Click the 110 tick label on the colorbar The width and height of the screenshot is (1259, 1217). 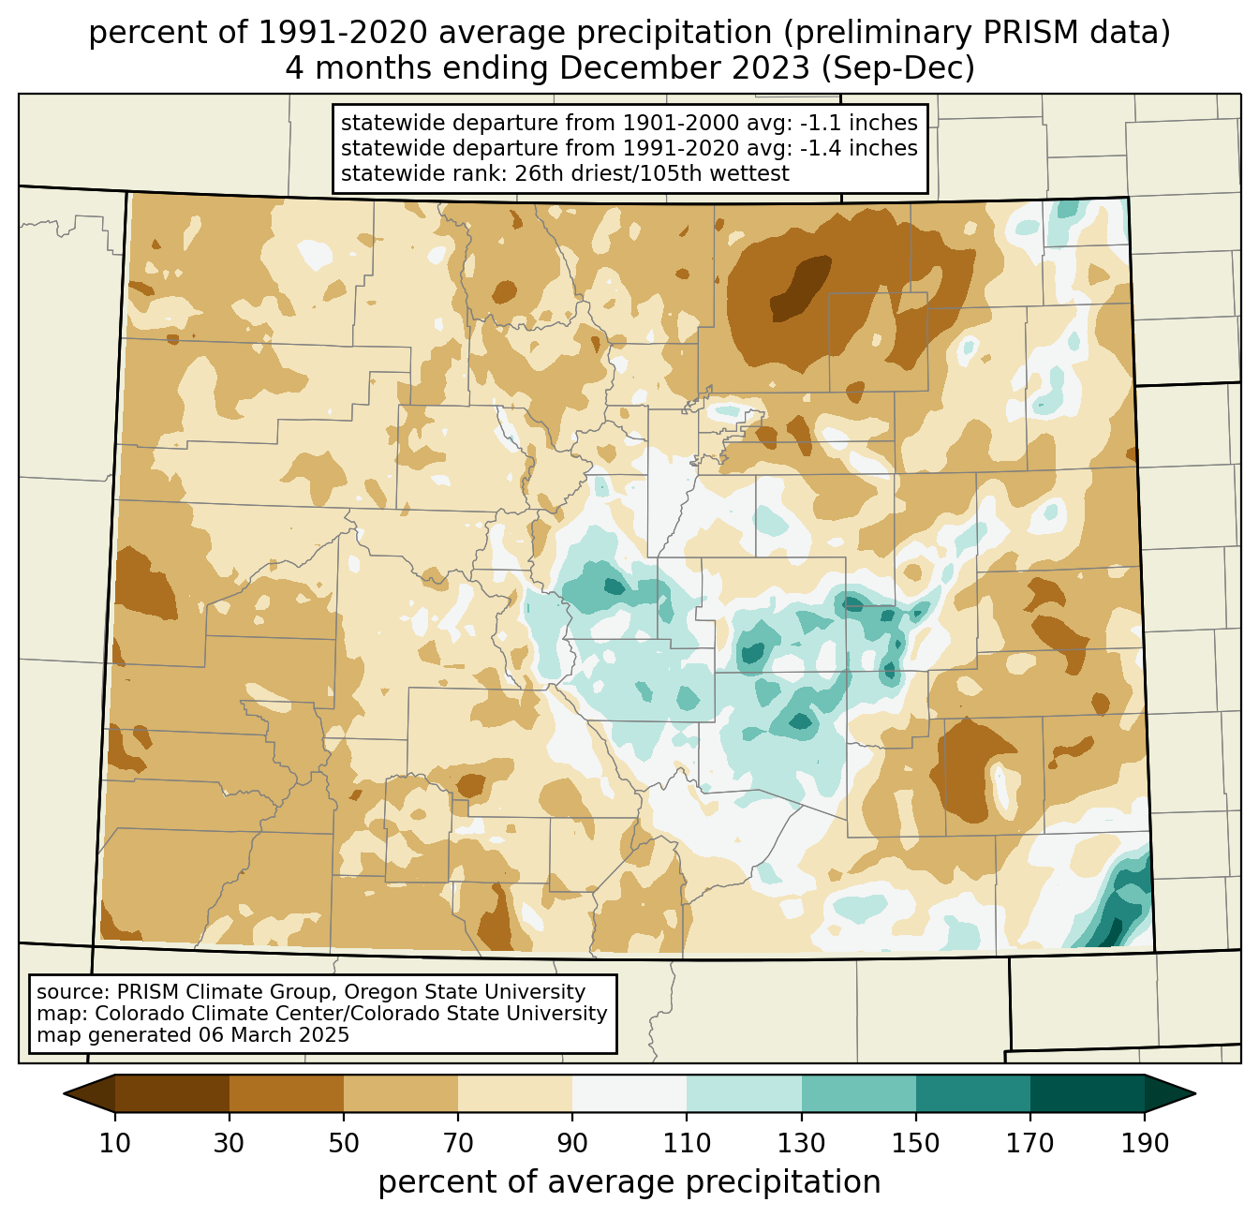tap(687, 1143)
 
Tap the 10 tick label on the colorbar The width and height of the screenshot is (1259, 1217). tap(114, 1143)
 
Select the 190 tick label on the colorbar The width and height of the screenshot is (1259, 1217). tap(1145, 1143)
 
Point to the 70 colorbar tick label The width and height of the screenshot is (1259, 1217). tap(458, 1143)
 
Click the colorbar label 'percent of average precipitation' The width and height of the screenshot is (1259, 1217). tap(629, 1182)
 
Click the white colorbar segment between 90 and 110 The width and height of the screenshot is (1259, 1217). tap(629, 1093)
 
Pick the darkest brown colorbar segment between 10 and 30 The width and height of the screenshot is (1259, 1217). tap(172, 1093)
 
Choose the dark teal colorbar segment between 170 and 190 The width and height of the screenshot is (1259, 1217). tap(1087, 1093)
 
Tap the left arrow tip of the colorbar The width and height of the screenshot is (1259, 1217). tap(64, 1093)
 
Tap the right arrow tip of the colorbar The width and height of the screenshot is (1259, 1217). tap(1195, 1093)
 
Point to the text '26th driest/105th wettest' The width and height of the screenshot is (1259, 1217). tap(652, 173)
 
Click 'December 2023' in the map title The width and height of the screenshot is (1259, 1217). tap(685, 68)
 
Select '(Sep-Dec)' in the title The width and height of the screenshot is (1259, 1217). tap(898, 68)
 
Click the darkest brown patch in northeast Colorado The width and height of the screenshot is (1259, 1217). tap(801, 288)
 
